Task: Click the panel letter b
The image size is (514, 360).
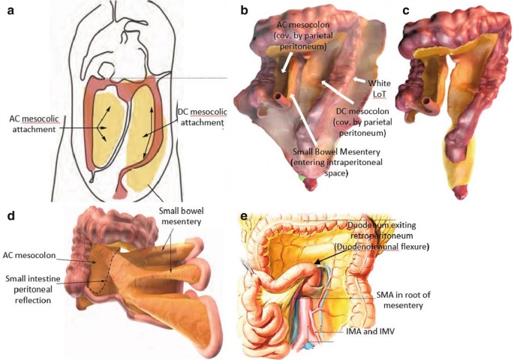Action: [244, 12]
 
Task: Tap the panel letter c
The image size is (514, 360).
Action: [405, 11]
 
